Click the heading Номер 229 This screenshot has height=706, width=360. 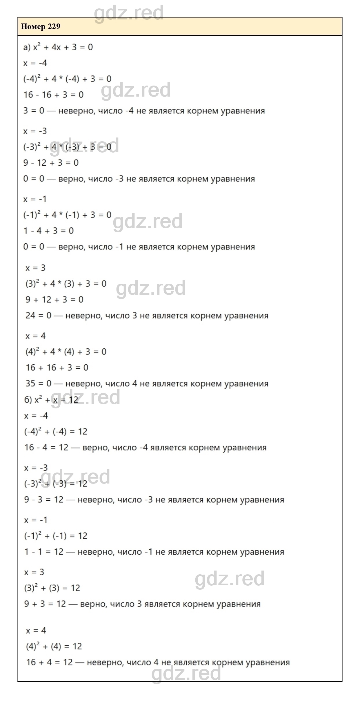(x=41, y=27)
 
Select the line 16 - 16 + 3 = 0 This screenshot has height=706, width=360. (x=53, y=95)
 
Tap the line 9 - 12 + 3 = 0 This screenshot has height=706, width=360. (x=51, y=163)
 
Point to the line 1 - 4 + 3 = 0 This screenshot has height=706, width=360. (x=48, y=231)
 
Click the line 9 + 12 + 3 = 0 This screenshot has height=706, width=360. (x=54, y=300)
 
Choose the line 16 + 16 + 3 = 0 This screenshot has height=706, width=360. (x=57, y=368)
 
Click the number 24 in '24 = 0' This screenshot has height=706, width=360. (x=30, y=316)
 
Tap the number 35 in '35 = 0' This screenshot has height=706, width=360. (x=30, y=384)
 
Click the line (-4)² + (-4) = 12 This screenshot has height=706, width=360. (x=56, y=432)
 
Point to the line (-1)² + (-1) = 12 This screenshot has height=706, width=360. (x=56, y=536)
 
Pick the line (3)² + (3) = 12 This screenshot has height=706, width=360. (x=52, y=588)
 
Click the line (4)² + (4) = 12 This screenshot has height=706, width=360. (x=54, y=646)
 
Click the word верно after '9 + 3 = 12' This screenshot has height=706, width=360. (x=93, y=604)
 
